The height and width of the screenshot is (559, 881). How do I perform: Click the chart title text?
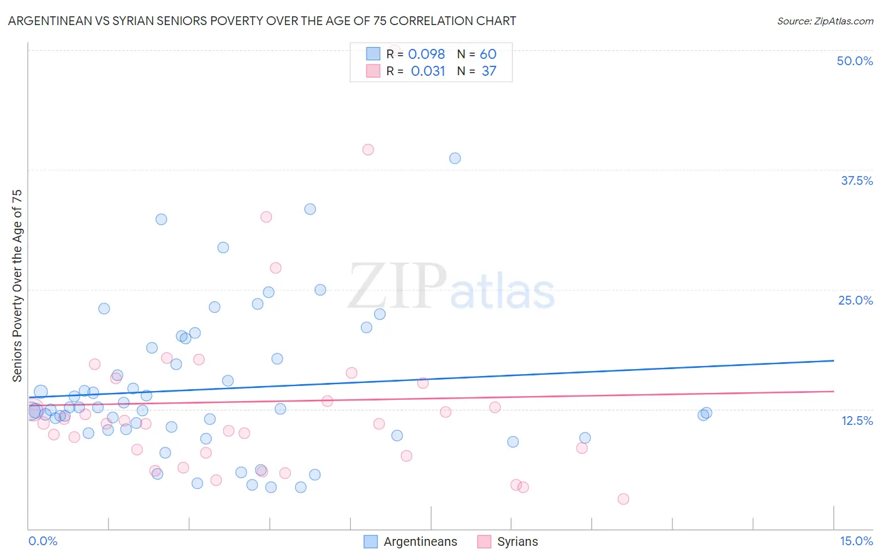[x=262, y=21]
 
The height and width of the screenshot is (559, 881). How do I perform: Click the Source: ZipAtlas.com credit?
[x=825, y=21]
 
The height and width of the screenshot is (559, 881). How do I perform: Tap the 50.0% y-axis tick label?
[x=855, y=61]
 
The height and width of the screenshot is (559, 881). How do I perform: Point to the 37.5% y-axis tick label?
[x=857, y=180]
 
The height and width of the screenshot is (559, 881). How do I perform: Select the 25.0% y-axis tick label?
[x=855, y=300]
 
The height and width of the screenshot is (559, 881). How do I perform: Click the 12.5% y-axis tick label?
[x=857, y=421]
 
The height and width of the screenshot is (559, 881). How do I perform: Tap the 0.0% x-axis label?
[x=43, y=541]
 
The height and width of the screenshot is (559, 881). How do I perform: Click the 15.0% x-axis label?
[x=856, y=541]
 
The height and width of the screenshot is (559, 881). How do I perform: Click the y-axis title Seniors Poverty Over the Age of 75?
[x=17, y=286]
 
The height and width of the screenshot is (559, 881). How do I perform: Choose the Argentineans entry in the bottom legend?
[x=420, y=541]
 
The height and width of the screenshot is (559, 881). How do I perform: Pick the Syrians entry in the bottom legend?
[x=517, y=541]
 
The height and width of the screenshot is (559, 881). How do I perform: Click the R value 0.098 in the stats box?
[x=426, y=55]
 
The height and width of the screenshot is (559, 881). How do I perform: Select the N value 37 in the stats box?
[x=489, y=71]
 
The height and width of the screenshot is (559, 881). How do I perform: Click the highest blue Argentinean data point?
[x=455, y=159]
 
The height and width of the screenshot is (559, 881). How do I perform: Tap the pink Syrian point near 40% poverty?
[x=368, y=150]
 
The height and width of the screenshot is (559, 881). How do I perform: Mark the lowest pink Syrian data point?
[x=623, y=499]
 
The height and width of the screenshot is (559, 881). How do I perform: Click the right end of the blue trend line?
[x=833, y=360]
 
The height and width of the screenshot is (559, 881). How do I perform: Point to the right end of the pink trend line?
[x=833, y=391]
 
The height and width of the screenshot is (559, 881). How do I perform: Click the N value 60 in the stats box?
[x=488, y=55]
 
